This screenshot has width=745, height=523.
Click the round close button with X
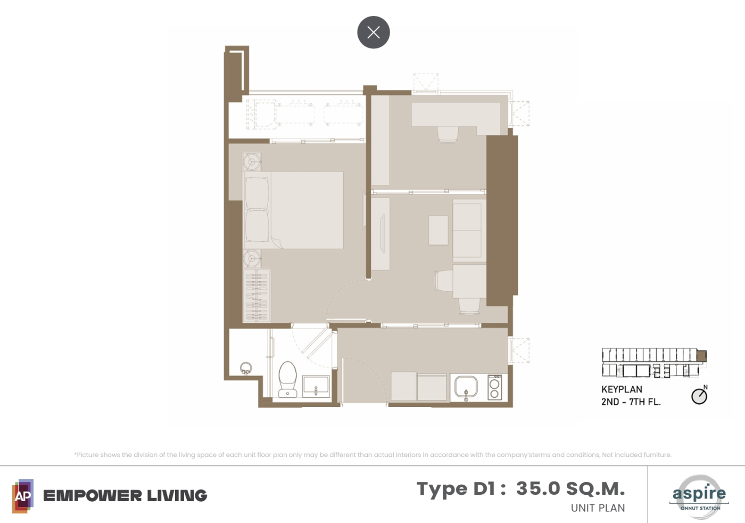[374, 32]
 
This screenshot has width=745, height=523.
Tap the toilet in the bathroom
[287, 379]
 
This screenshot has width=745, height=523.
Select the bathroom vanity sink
[316, 386]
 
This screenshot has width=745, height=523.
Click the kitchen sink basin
[466, 387]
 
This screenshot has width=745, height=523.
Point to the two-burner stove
[494, 387]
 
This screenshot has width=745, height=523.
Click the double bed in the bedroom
[293, 210]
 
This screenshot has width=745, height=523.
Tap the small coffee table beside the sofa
[438, 230]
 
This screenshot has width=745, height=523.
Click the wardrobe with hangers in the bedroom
[256, 296]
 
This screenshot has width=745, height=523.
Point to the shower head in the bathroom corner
[246, 368]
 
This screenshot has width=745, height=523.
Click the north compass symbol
[699, 395]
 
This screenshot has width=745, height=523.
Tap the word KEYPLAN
[622, 389]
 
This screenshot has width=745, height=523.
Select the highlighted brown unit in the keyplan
[701, 356]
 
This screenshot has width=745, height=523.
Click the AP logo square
[23, 496]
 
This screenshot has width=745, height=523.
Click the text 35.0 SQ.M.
[570, 488]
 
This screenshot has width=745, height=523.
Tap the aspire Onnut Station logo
[699, 496]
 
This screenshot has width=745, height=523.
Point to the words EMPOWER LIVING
[125, 495]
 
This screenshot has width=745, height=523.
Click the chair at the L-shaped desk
[448, 135]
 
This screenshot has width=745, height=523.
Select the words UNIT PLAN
[598, 508]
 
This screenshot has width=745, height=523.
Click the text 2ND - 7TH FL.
[631, 402]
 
